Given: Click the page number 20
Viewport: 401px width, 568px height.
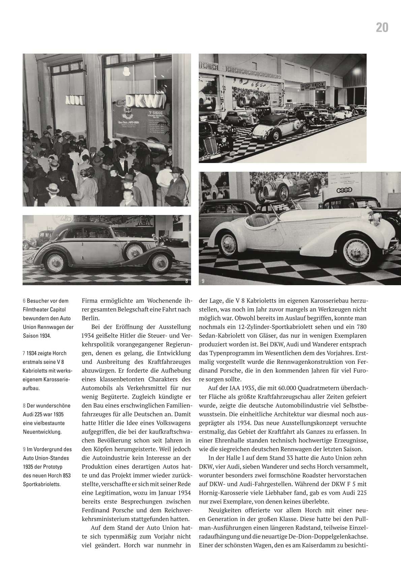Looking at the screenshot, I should click(382, 28).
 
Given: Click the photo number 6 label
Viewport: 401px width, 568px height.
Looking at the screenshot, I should click(186, 202).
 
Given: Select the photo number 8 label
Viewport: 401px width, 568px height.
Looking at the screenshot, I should click(186, 281).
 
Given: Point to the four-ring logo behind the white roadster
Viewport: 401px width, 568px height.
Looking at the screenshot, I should click(346, 191).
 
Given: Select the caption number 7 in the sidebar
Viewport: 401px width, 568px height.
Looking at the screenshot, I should click(24, 353).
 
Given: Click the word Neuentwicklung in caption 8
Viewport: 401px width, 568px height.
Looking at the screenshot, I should click(42, 432).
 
